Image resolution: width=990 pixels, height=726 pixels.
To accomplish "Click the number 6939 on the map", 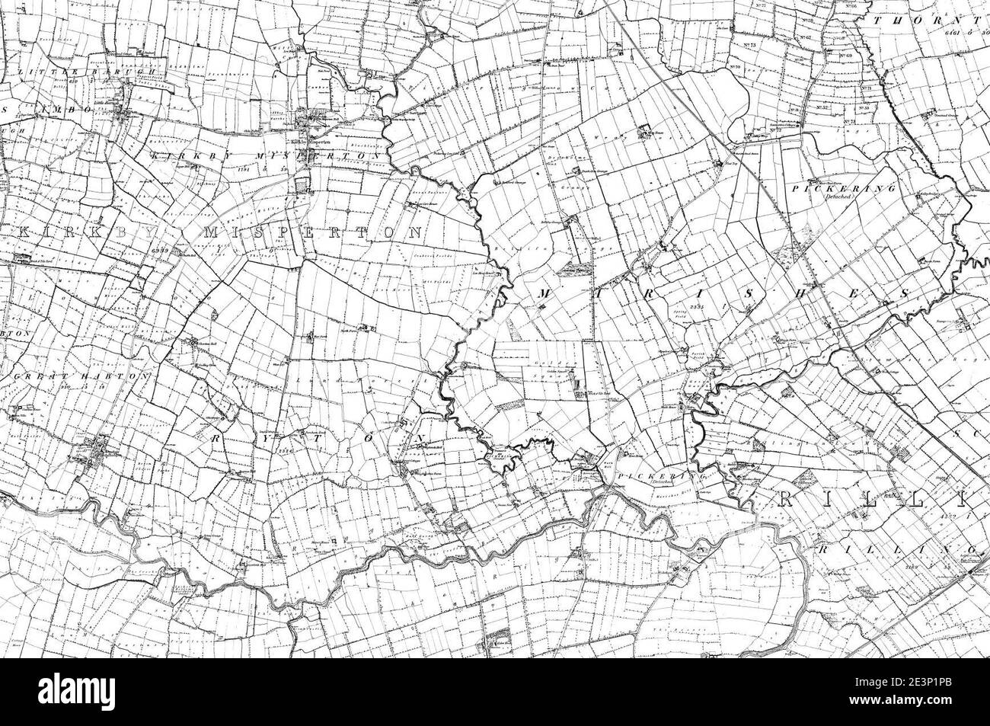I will tap(158, 250).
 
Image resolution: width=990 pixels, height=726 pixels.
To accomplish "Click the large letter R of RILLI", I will tap(788, 499).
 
